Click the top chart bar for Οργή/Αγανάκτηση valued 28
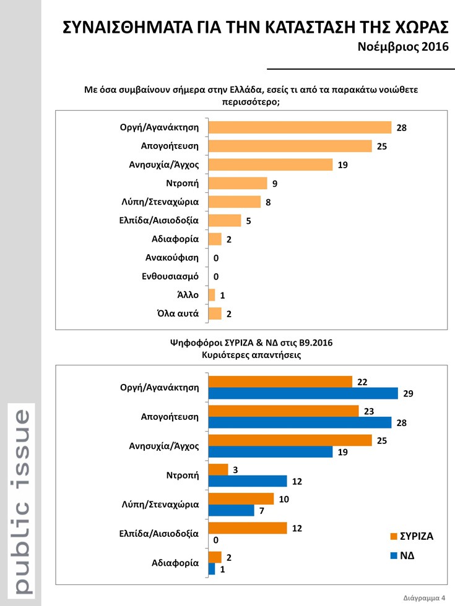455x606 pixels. click(300, 127)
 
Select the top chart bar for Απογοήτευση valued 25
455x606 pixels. click(290, 146)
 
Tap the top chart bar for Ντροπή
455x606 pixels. click(238, 183)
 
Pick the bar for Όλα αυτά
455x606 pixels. click(215, 314)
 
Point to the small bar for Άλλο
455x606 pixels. click(212, 295)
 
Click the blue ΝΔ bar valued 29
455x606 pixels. click(303, 393)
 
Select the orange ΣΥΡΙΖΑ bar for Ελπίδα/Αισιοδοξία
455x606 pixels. click(248, 527)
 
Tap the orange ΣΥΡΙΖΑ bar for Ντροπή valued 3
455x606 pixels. click(219, 470)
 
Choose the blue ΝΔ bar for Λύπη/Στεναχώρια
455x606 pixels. click(232, 510)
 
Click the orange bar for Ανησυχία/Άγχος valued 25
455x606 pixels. click(290, 440)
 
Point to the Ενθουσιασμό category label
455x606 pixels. click(170, 276)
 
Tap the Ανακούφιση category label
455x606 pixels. click(171, 258)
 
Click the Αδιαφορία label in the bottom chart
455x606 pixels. click(175, 563)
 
